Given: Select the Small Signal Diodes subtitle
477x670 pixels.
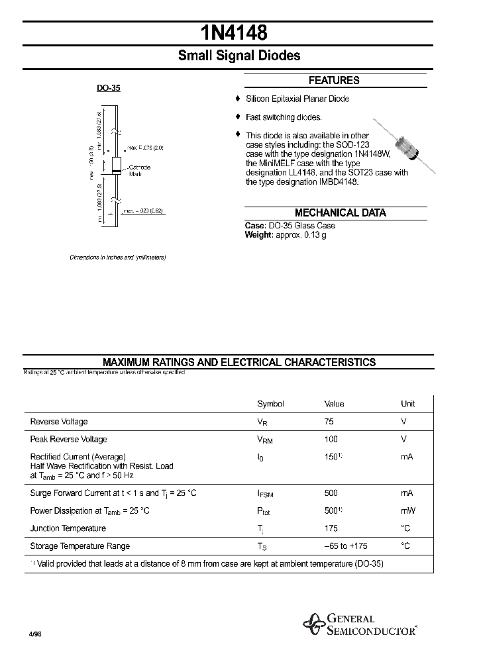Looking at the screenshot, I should point(238,56).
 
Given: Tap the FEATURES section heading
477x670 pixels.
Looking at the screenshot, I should point(334,81).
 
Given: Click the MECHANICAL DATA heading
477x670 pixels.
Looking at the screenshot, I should point(340,213).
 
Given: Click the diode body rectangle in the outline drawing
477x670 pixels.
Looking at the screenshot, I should point(115,166).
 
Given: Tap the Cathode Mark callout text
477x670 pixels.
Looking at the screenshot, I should point(139,170).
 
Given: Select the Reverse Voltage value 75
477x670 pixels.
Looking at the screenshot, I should point(329,422).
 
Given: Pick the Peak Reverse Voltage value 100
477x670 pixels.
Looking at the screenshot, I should point(331,440).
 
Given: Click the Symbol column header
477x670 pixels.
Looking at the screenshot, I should point(270,404).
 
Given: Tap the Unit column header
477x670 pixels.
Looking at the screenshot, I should point(407,404).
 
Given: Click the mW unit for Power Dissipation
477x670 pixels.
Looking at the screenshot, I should point(407,511).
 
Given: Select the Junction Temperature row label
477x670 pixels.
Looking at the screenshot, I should point(68,528).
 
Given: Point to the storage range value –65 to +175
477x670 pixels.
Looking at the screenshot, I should point(345,546).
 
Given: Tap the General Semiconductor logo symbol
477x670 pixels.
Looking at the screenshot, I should point(314,623).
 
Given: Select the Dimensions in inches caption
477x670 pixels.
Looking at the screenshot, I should point(117,257).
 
